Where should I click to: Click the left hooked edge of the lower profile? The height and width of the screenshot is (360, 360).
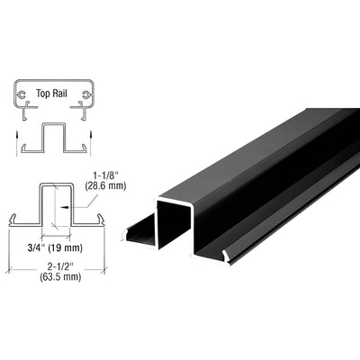pyautogui.click(x=13, y=218)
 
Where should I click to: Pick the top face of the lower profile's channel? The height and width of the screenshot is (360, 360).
pyautogui.click(x=56, y=184)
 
